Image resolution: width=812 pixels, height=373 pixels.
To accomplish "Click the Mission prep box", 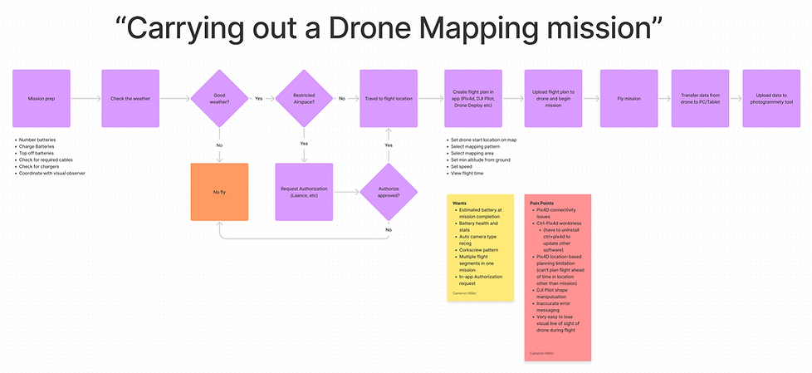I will point(42,98).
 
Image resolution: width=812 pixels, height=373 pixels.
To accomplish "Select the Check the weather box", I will point(130,98).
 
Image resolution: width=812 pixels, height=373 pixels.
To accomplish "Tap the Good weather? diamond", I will point(220,98).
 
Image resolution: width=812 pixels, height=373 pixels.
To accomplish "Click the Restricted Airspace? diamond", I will point(304,98).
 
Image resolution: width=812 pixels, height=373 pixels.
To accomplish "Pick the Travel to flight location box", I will point(388,98).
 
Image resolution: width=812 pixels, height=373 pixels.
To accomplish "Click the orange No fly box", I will point(220,192).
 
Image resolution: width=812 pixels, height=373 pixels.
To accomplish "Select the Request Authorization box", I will point(304,192).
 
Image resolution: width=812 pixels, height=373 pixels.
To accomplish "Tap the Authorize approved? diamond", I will point(388,192).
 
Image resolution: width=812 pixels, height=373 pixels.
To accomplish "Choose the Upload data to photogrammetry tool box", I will point(774,98).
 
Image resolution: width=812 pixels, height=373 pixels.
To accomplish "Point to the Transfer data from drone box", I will point(699,98).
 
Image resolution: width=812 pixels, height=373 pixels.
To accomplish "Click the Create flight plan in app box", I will point(472,98).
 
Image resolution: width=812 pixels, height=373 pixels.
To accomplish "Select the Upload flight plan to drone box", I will point(553,98).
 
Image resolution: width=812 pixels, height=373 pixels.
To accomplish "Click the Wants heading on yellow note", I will point(459,204).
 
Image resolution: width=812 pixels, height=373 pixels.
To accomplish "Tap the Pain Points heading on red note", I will point(542,204).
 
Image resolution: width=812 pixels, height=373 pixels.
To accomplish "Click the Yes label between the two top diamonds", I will point(258,98).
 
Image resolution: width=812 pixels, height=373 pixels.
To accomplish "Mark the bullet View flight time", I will point(467,174).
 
